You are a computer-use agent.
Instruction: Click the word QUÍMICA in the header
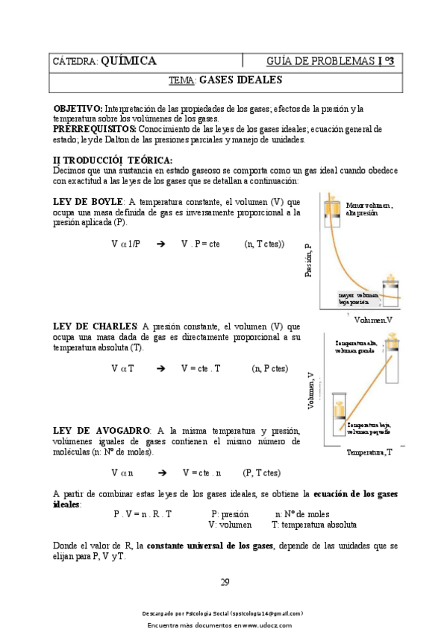point(128,61)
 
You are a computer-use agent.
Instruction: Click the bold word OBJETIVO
point(78,109)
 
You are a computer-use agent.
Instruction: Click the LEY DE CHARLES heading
point(95,326)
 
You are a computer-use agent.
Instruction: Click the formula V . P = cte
point(200,244)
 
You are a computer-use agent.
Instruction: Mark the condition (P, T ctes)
point(261,473)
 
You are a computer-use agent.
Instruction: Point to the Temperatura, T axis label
point(369,452)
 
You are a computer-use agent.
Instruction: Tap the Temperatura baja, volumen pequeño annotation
point(369,428)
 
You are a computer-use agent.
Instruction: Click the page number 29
point(225,582)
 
